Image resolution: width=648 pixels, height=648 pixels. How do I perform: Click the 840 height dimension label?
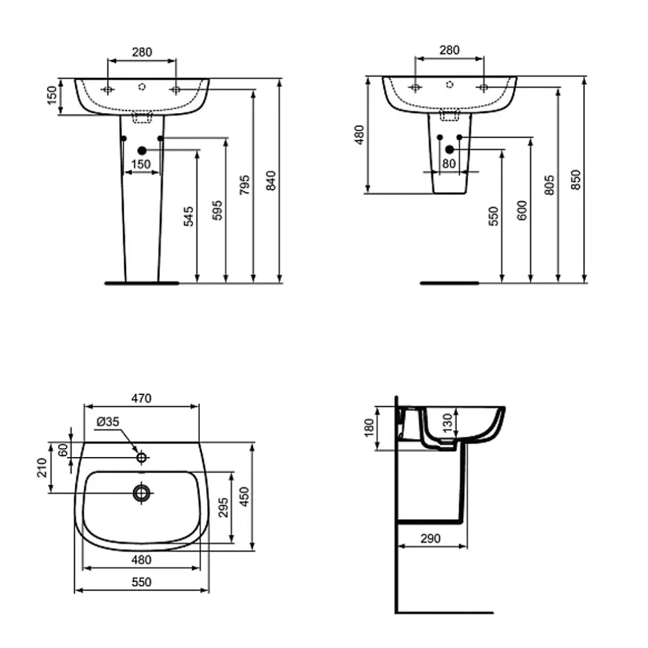(271, 180)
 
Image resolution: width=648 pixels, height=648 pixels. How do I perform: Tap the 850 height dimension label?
(576, 180)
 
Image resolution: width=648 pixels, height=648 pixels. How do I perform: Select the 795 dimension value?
(245, 185)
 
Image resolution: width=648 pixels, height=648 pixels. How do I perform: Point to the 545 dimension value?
(188, 216)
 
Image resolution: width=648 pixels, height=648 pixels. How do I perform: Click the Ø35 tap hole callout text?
(108, 421)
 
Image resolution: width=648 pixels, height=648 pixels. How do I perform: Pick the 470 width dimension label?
(141, 398)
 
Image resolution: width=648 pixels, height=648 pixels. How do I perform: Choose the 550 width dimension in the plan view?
(141, 582)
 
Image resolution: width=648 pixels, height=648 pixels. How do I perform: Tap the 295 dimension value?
(223, 507)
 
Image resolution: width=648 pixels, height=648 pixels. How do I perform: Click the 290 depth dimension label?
(430, 538)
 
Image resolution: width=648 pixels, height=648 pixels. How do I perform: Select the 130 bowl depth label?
(447, 423)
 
